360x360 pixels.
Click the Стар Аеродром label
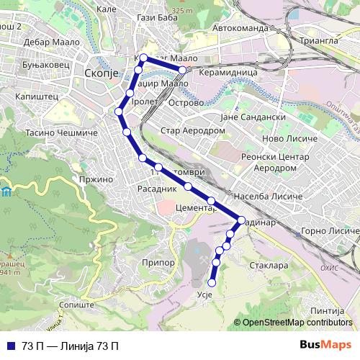coord(192,131)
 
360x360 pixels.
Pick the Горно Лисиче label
coord(327,231)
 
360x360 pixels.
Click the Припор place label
coord(158,263)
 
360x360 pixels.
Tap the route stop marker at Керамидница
coord(183,70)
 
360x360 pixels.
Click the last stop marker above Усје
coord(212,282)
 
